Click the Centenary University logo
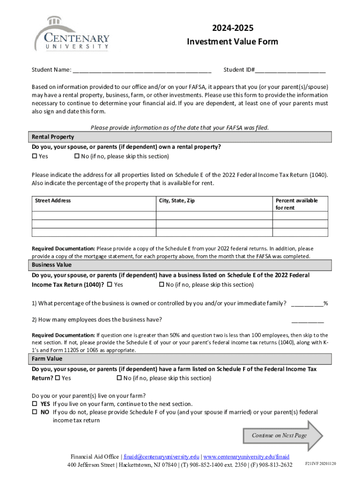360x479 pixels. tap(72, 34)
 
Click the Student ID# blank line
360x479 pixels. tap(290, 71)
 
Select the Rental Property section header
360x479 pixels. tap(53, 137)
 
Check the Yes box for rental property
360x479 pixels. tap(34, 156)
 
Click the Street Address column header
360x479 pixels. tap(53, 201)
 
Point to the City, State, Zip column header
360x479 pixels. tap(177, 201)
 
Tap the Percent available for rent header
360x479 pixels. tap(296, 204)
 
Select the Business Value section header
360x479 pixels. tap(51, 265)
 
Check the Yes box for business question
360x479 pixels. tap(109, 284)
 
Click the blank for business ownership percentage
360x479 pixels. tap(307, 304)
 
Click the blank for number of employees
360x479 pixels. tap(307, 320)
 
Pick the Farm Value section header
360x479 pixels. tap(47, 359)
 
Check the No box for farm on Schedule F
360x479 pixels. tap(119, 378)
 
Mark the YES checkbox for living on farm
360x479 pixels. tap(35, 404)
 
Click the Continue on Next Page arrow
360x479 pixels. tap(283, 435)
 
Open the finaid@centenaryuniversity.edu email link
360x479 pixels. tap(161, 457)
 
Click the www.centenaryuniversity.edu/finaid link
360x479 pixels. tap(246, 457)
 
